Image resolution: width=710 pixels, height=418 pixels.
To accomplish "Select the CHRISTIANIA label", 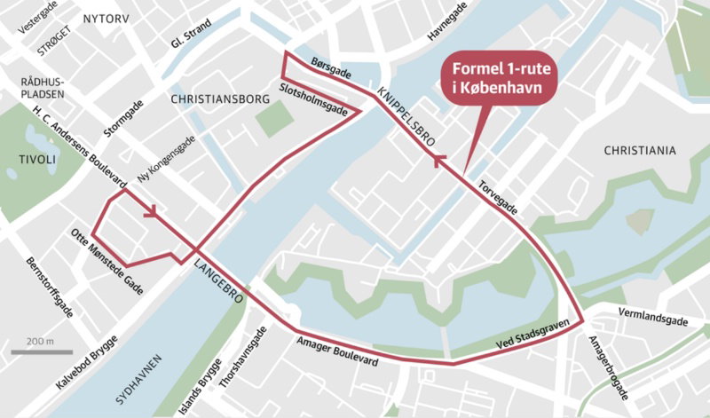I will click(639, 151).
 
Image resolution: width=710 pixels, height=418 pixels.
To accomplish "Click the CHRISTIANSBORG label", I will click(218, 99).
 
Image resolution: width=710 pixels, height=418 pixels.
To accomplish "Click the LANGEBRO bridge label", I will click(218, 280).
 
